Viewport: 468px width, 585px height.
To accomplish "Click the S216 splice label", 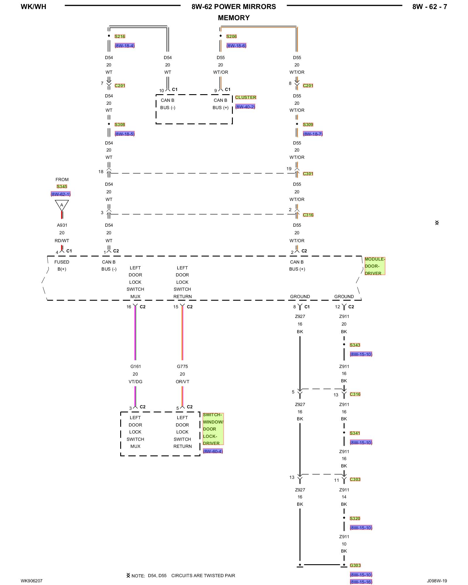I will click(120, 37).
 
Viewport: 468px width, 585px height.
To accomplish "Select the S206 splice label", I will click(231, 37).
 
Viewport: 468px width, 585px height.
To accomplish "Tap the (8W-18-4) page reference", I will click(125, 46).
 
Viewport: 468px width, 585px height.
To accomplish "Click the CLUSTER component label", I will click(245, 97).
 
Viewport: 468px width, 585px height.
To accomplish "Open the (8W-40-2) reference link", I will click(245, 107).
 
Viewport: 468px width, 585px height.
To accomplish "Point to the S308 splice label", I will click(120, 125).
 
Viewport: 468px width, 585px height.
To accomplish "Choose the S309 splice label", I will click(308, 125).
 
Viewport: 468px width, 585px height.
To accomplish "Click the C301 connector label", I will click(308, 174).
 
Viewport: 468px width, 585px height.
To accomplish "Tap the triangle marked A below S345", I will click(62, 205).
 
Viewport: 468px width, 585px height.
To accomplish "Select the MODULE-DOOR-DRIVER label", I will click(374, 266).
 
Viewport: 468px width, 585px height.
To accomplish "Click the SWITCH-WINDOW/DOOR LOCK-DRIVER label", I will click(213, 429).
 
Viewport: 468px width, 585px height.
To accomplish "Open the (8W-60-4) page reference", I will click(213, 451).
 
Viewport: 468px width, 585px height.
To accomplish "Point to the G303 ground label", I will click(355, 565).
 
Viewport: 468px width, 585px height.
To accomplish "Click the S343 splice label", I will click(355, 345).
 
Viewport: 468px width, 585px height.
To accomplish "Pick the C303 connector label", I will click(355, 479).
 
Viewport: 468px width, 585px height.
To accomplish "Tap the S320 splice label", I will click(355, 519).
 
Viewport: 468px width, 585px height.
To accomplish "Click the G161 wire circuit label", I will click(135, 367).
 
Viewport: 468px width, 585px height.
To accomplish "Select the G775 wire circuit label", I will click(182, 367).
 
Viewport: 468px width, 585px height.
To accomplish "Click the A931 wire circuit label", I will click(62, 225).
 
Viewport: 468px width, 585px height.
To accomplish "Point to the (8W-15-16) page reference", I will click(361, 582).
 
